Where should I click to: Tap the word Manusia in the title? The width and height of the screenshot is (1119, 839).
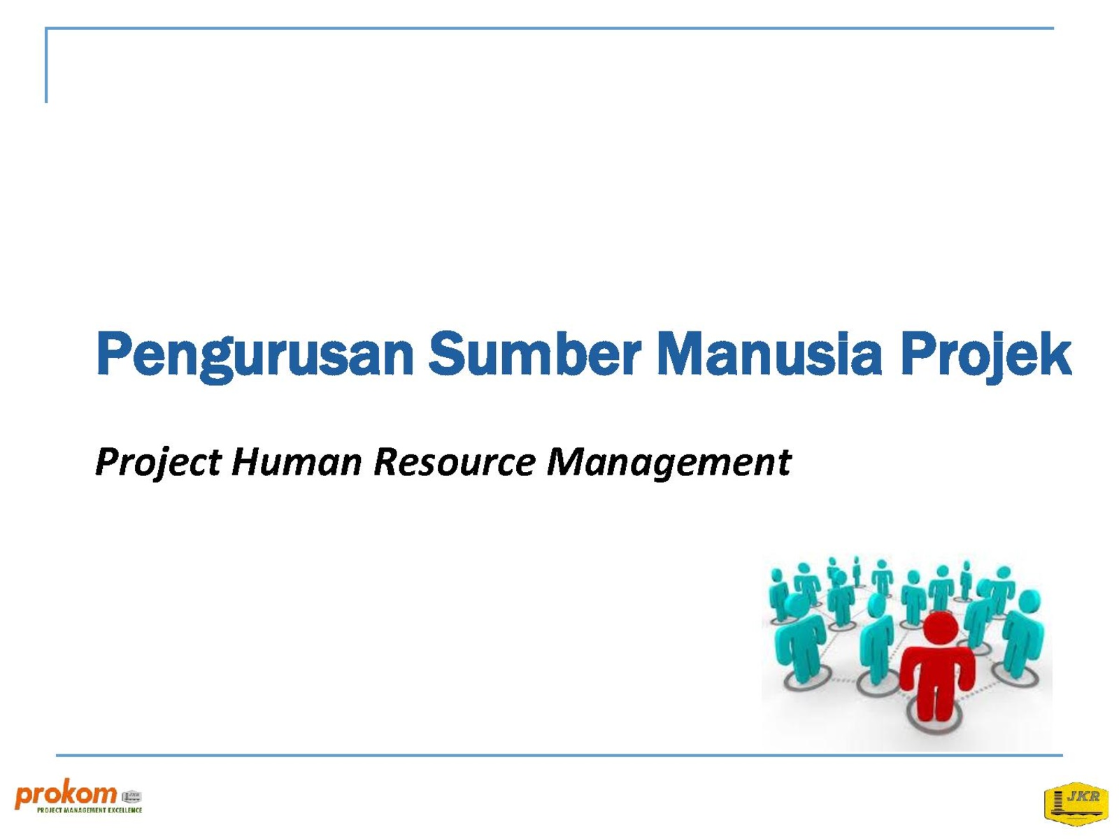pyautogui.click(x=769, y=352)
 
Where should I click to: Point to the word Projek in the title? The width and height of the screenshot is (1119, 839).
pyautogui.click(x=985, y=356)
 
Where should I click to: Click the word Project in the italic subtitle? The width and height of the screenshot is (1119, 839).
pyautogui.click(x=158, y=463)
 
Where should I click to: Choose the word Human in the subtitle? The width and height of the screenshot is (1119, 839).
pyautogui.click(x=297, y=461)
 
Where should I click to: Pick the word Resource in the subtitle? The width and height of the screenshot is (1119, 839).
pyautogui.click(x=454, y=461)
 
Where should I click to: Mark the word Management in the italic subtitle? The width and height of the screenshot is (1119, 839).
pyautogui.click(x=669, y=463)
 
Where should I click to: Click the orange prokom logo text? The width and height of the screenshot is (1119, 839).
pyautogui.click(x=66, y=796)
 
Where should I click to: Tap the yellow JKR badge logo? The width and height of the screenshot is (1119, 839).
pyautogui.click(x=1076, y=803)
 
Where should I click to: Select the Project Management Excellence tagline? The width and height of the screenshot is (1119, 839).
pyautogui.click(x=90, y=810)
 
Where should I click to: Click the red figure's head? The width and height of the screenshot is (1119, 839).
pyautogui.click(x=941, y=629)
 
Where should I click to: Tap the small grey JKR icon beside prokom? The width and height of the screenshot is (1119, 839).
pyautogui.click(x=131, y=796)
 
